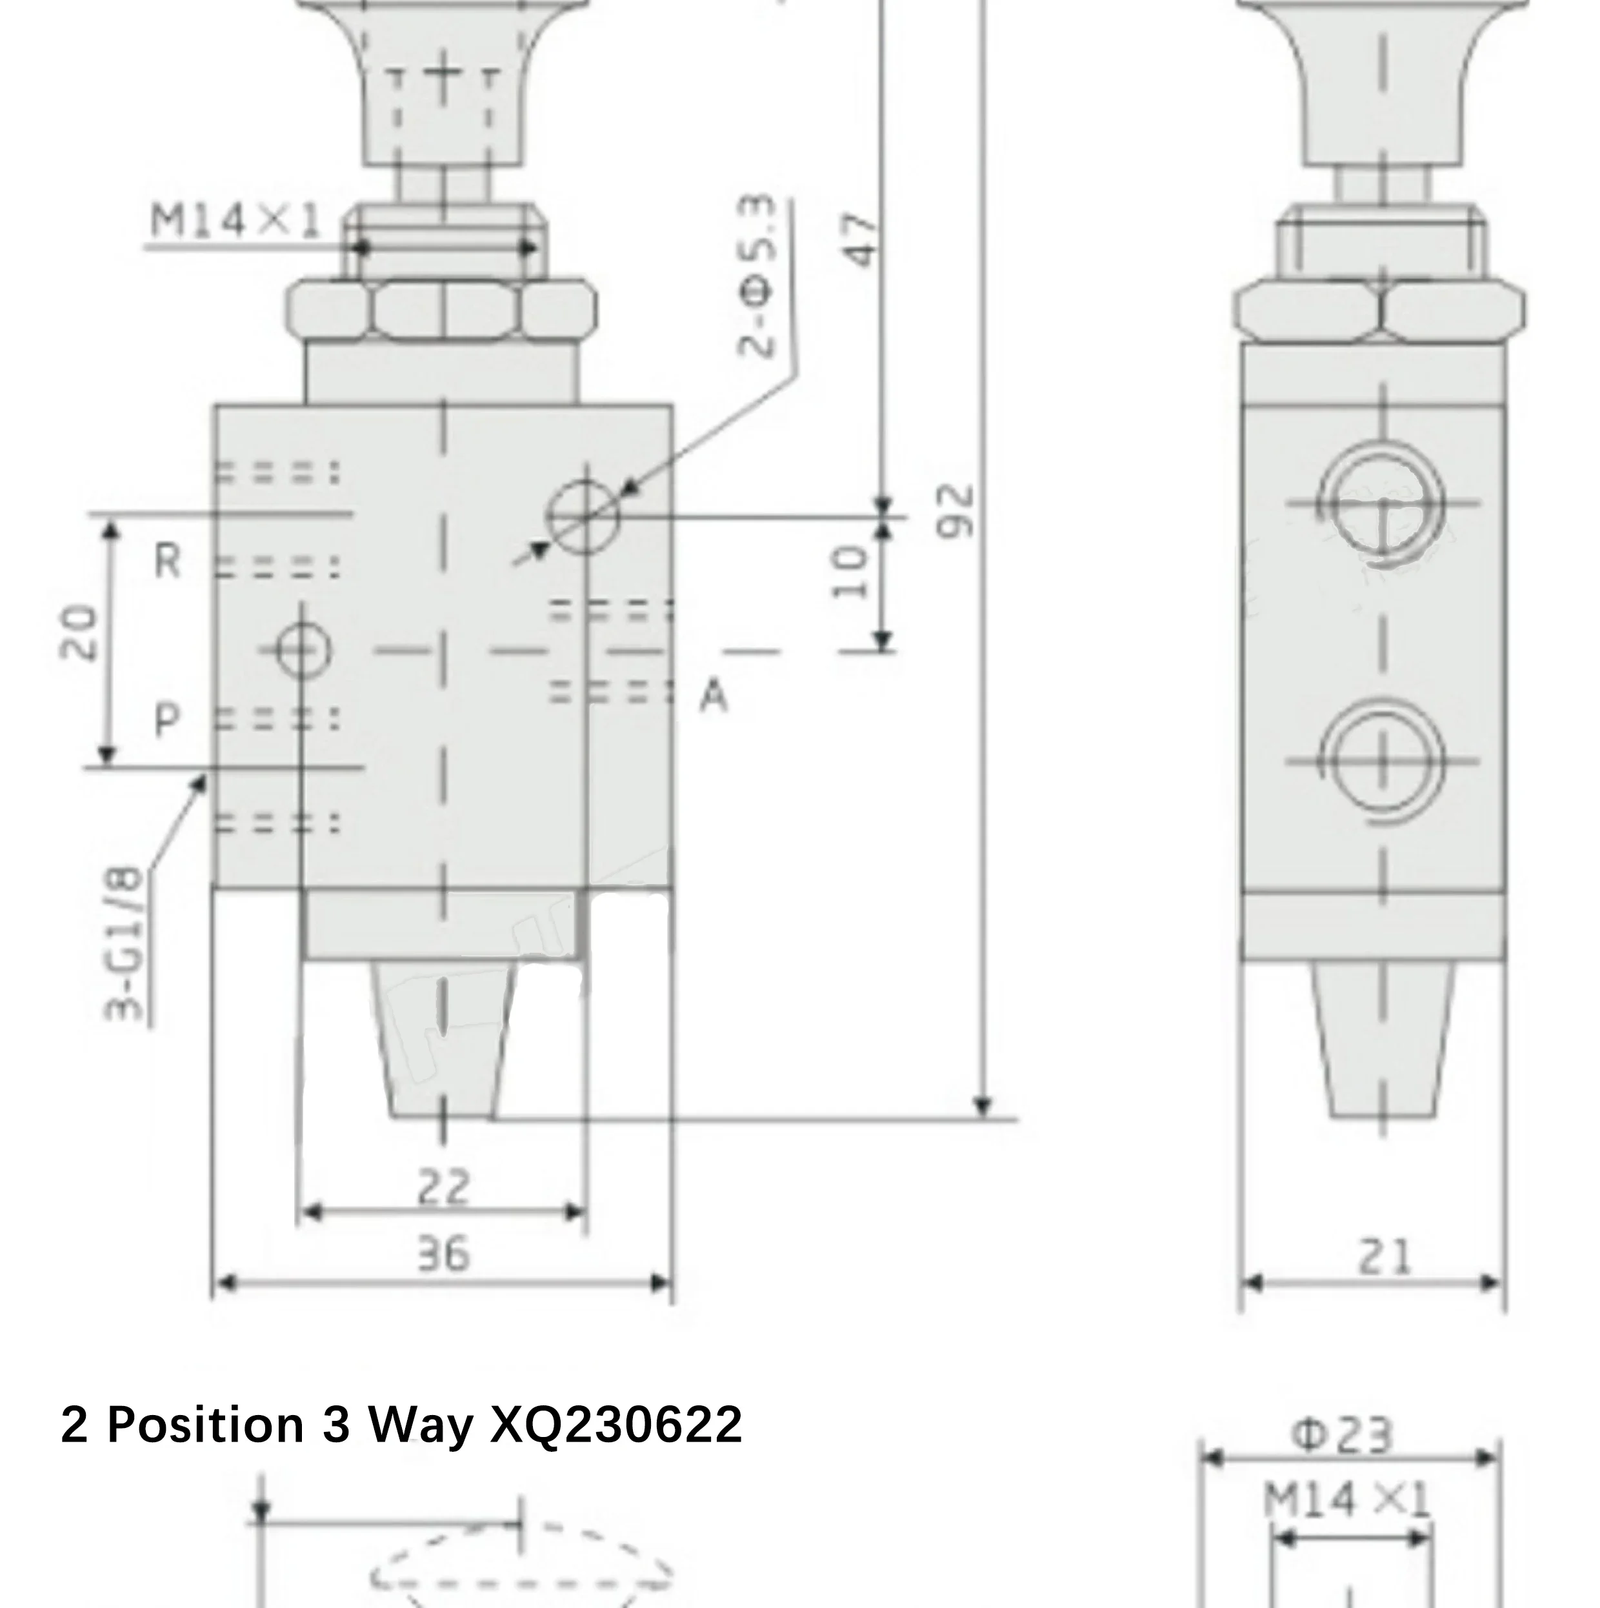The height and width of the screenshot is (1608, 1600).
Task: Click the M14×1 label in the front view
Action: [x=235, y=221]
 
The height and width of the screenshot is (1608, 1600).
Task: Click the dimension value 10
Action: [x=850, y=572]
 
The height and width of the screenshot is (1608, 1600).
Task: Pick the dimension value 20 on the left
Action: [x=79, y=632]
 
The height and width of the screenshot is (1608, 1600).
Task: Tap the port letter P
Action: [x=167, y=719]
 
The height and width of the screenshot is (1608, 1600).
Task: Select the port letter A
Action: [x=713, y=696]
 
